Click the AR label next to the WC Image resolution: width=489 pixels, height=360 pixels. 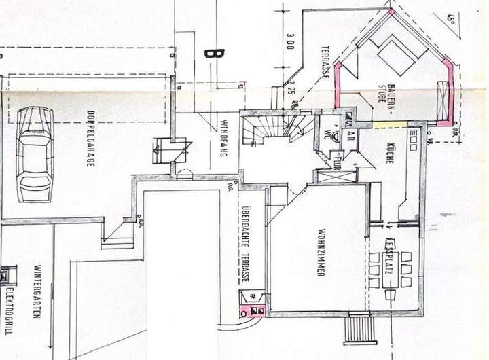352,134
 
